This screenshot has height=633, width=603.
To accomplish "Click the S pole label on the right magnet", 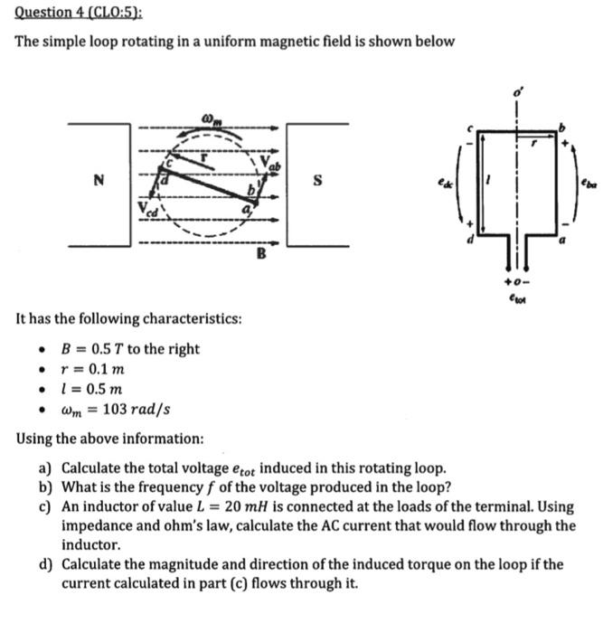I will [317, 181].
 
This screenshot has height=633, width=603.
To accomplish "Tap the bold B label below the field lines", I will [259, 254].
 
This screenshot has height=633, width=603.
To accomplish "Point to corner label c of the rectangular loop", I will [468, 128].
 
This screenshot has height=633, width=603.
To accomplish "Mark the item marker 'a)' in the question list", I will [45, 468].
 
